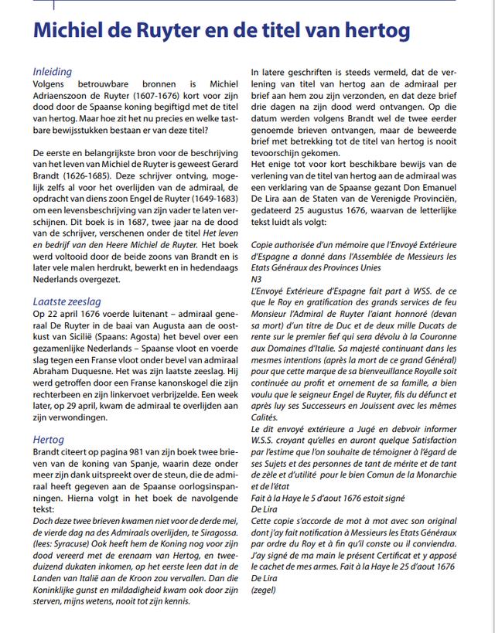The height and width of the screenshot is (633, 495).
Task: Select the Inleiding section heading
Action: [52, 72]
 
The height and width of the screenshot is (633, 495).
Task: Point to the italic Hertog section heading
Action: [48, 440]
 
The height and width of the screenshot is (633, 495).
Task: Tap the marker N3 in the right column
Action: [257, 277]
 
